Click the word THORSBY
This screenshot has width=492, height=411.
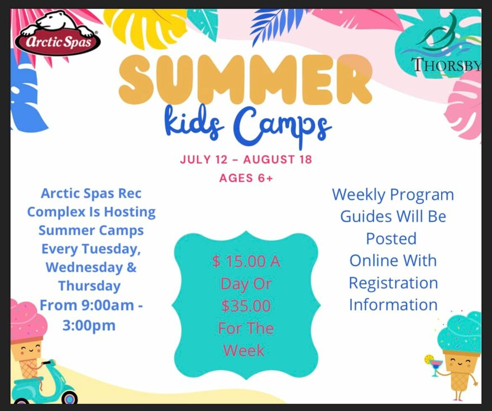446,65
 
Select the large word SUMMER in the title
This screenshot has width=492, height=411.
245,79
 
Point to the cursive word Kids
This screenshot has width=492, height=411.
194,123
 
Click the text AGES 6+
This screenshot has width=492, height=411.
246,178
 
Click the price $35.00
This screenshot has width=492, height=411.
246,306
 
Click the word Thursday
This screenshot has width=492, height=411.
90,286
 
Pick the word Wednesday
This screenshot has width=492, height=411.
84,267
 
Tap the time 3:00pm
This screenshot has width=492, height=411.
89,326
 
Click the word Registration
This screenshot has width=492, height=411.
394,283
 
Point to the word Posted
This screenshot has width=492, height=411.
391,238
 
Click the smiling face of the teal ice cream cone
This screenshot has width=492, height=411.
460,363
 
